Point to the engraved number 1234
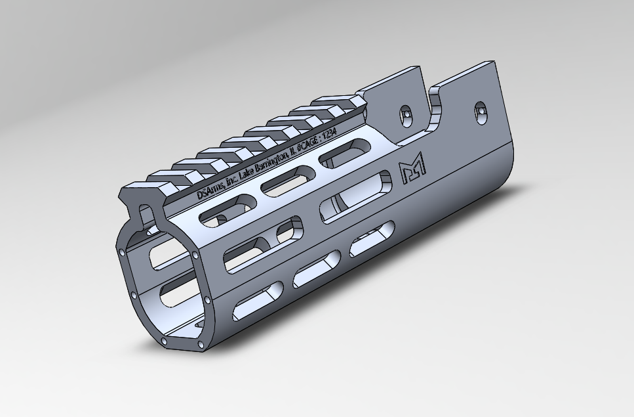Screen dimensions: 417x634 pos(327,140)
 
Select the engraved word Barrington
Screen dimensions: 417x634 pos(269,164)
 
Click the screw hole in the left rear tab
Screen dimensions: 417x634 pos(406,113)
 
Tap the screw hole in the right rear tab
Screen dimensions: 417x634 pos(481,111)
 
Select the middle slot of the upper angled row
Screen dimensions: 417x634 pos(281,181)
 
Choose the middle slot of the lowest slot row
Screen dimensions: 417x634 pos(315,272)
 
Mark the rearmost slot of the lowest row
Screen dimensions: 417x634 pos(372,240)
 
